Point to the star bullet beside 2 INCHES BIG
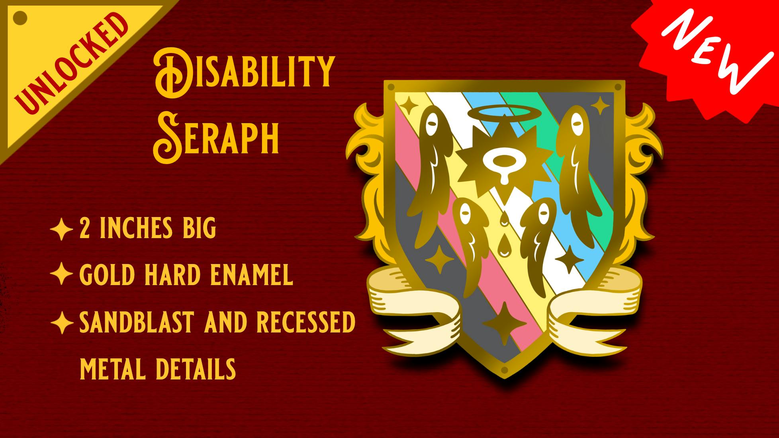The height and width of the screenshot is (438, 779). click(x=61, y=229)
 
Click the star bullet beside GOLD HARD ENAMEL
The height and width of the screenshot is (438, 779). click(x=61, y=274)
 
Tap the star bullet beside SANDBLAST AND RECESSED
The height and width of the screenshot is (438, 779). click(x=61, y=322)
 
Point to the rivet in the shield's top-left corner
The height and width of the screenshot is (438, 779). click(x=391, y=87)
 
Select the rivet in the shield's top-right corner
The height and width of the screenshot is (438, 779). click(x=618, y=87)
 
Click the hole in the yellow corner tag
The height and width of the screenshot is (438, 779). click(x=20, y=18)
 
